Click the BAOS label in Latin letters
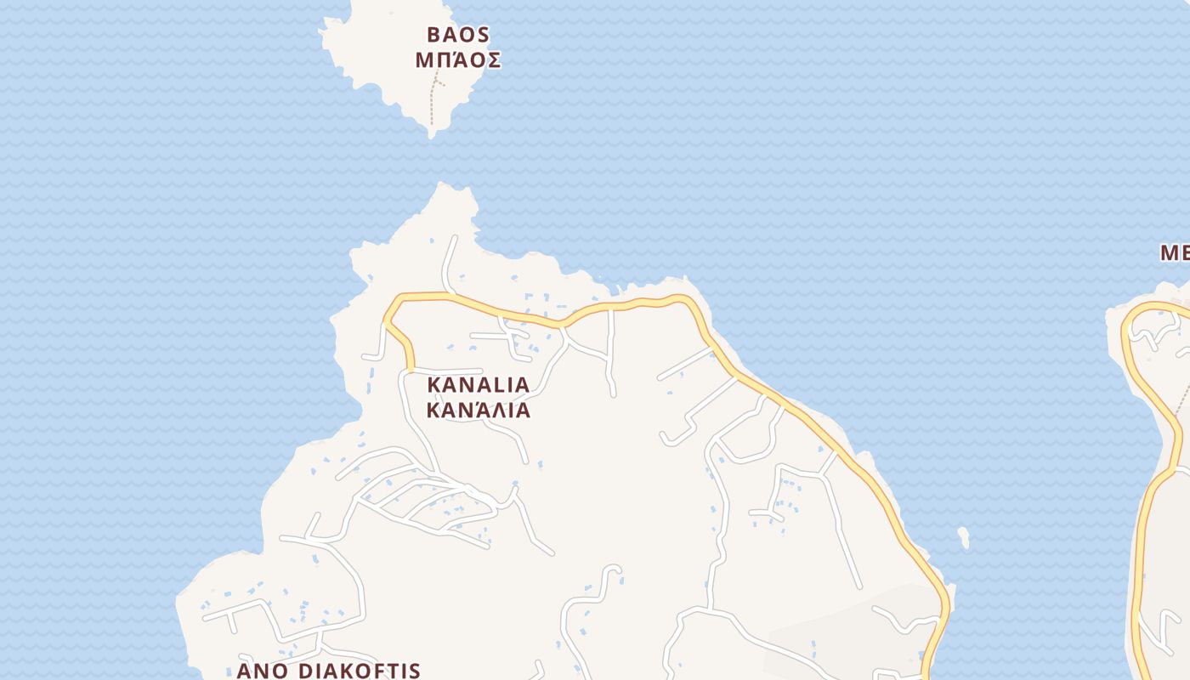pos(458,35)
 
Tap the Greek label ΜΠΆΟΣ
pos(458,61)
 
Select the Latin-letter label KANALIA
pos(478,385)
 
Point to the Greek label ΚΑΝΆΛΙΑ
pos(478,411)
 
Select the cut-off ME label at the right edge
pos(1175,252)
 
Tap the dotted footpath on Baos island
pos(433,102)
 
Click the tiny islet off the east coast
pos(963,537)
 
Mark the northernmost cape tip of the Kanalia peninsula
pos(442,184)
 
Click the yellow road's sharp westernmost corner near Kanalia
pos(386,322)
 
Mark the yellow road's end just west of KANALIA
pos(410,369)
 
